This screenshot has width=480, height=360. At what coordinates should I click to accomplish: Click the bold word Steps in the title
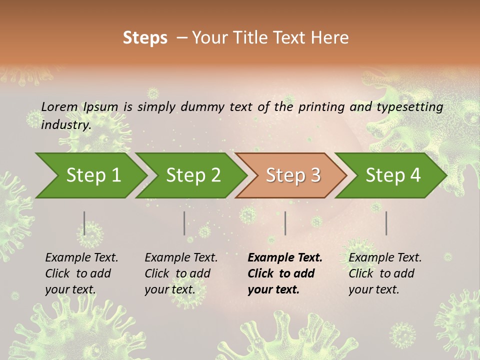145,38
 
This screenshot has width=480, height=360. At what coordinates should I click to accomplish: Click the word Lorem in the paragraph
59,106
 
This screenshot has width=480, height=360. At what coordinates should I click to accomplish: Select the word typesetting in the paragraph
409,106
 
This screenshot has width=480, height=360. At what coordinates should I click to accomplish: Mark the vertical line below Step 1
84,223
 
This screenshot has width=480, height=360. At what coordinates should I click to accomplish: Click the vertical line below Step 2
184,223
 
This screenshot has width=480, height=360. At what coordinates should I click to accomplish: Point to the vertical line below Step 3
285,223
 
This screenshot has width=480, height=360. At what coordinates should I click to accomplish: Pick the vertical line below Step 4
386,223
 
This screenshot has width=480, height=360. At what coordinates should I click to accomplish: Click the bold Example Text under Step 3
285,258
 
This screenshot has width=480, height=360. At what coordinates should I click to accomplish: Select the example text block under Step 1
81,273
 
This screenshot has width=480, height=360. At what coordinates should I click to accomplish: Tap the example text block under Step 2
181,273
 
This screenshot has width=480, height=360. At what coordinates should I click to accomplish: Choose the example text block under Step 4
385,273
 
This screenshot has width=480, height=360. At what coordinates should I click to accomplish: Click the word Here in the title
330,38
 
